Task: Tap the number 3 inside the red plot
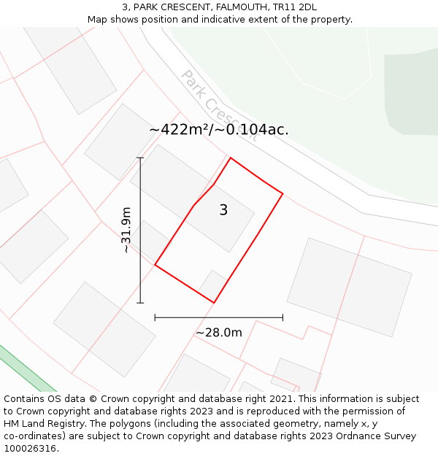[223, 210]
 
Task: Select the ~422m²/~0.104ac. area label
[219, 130]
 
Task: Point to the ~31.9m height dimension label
[126, 230]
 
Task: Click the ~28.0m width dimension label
[218, 333]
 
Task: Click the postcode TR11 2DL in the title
[297, 7]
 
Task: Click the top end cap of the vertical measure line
[140, 158]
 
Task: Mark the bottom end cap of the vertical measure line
[140, 303]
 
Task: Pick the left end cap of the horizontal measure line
[155, 317]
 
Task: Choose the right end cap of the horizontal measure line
[283, 317]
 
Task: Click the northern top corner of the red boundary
[231, 158]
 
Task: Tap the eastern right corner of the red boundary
[283, 194]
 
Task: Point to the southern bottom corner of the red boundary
[214, 302]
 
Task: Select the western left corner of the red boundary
[155, 265]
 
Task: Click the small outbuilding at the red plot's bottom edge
[214, 284]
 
